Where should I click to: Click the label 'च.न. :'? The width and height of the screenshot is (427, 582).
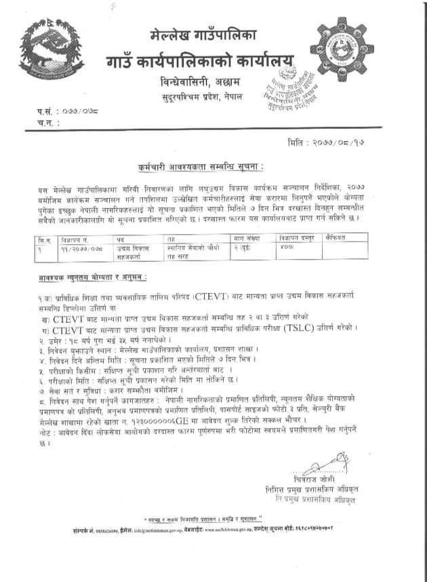point(45,123)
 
